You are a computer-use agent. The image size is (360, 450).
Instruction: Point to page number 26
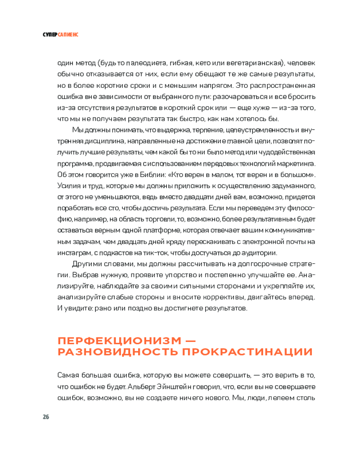coord(45,416)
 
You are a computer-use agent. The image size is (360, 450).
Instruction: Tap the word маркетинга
coord(295,163)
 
